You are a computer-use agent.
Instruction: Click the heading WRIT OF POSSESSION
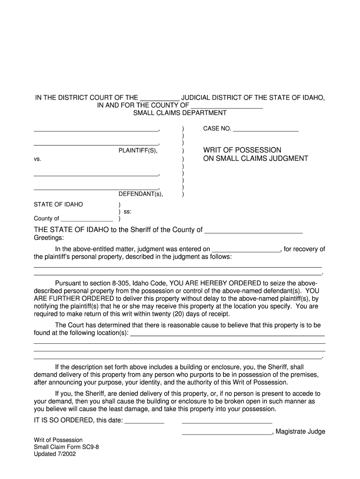pos(242,150)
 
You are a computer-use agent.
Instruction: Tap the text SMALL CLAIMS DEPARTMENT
pos(180,113)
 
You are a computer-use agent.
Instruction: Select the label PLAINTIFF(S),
pos(138,151)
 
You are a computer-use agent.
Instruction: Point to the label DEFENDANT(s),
pos(141,194)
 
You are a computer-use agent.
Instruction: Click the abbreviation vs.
pos(37,159)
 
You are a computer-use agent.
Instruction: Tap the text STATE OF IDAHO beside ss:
pos(58,204)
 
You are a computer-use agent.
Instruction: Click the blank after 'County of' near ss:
pos(87,218)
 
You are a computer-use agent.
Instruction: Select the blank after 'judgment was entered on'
pos(245,249)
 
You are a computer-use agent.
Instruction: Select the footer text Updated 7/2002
pos(55,454)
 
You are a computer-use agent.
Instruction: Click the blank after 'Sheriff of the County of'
pos(254,230)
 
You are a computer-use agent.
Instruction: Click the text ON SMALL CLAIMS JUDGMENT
pos(255,159)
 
